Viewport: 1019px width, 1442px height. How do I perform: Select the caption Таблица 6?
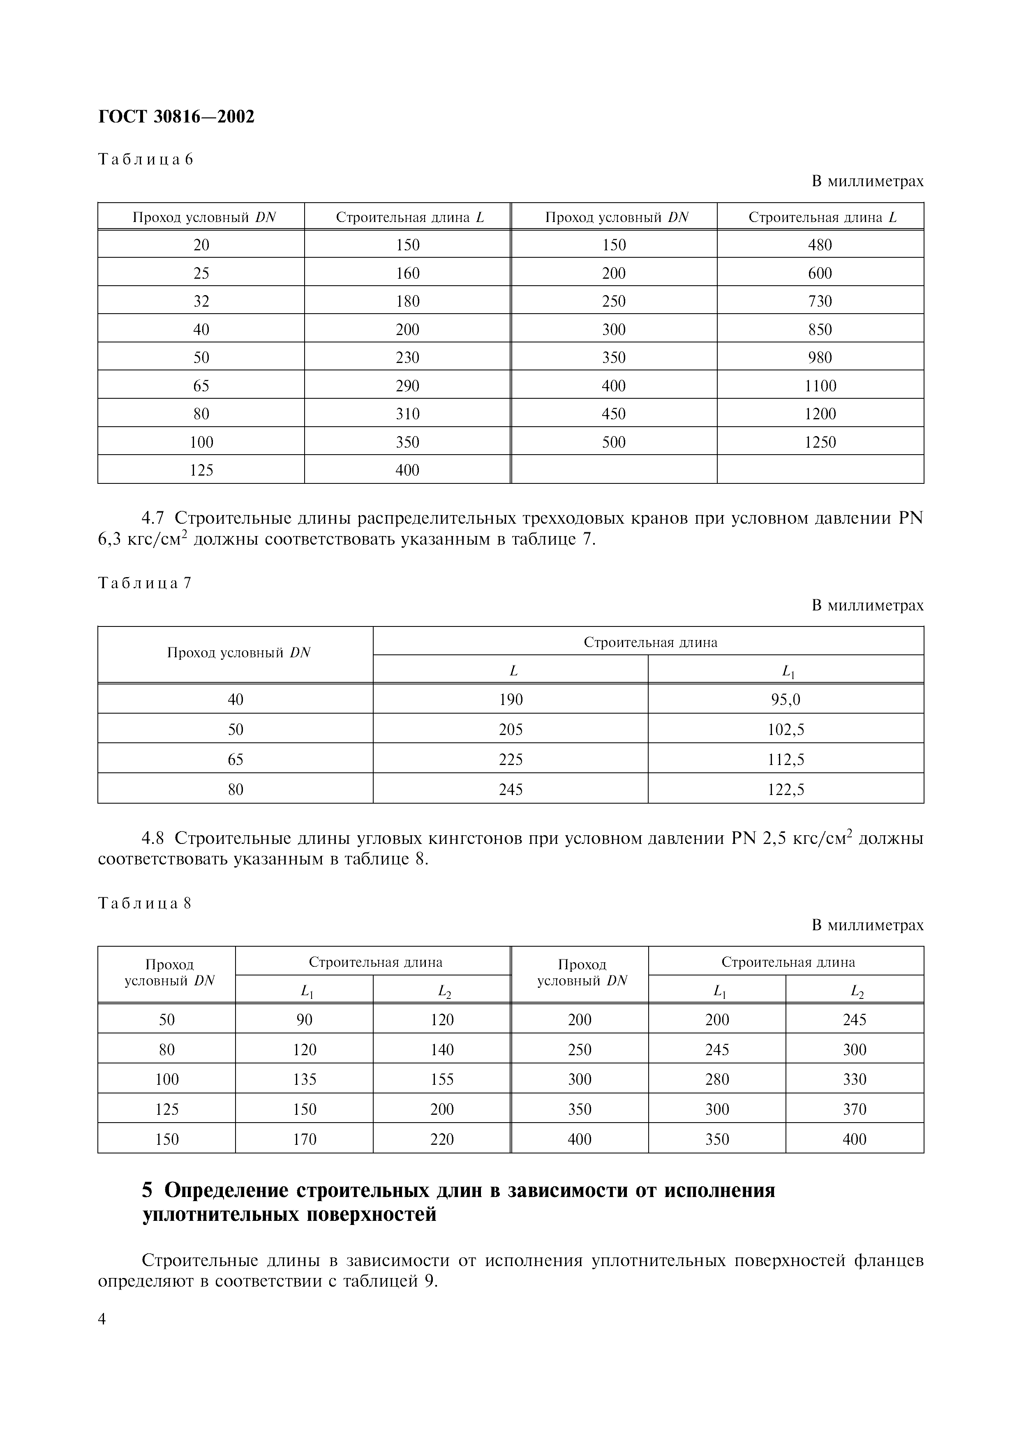tap(146, 159)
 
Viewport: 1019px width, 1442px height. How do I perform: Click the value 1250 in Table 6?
tap(820, 442)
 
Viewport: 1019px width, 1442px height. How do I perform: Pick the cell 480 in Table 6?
tap(820, 245)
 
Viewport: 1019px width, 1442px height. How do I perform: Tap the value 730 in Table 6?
tap(820, 301)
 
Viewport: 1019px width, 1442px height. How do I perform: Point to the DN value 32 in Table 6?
tap(201, 301)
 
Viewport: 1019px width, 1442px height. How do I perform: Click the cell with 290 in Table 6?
tap(407, 386)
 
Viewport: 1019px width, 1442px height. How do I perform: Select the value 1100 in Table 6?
tap(820, 386)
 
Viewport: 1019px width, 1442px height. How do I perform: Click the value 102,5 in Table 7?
tap(786, 729)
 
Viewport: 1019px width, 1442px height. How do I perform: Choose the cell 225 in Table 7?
tap(511, 759)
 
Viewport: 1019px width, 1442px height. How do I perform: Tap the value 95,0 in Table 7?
tap(786, 699)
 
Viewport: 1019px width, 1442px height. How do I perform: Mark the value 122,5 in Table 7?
tap(786, 790)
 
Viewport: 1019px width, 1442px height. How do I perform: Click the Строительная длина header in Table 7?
tap(650, 642)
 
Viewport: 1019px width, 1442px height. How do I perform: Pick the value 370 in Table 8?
tap(855, 1109)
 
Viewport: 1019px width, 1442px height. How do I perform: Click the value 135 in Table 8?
tap(305, 1079)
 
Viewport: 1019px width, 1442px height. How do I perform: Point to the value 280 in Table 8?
tap(717, 1079)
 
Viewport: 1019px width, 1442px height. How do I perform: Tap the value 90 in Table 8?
tap(305, 1019)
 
